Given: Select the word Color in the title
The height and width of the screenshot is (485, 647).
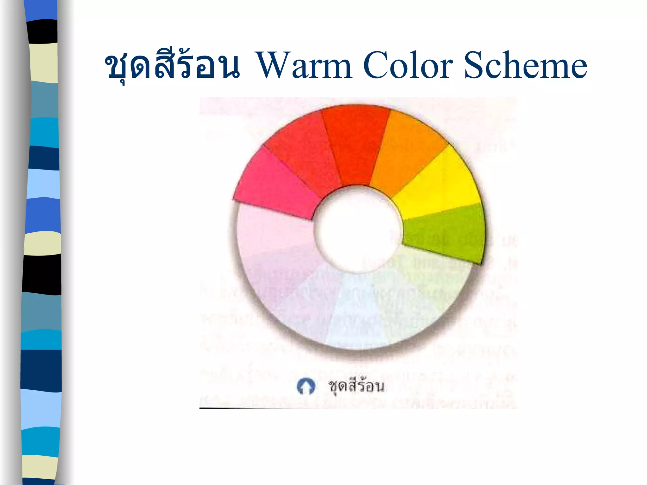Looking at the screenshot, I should click(408, 65).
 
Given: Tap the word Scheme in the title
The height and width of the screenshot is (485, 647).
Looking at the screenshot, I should click(525, 65).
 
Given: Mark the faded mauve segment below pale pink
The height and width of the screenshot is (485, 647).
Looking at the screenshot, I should click(278, 272).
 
